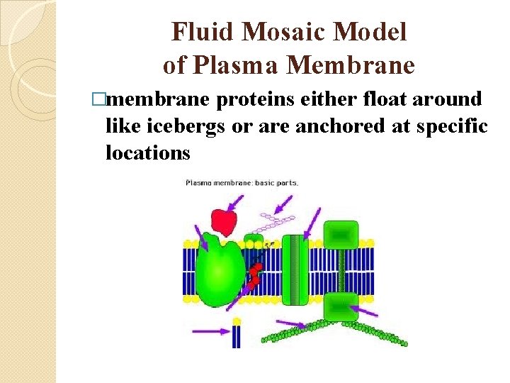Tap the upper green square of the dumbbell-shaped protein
(341, 235)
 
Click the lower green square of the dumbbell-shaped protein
(341, 306)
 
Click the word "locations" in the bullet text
(148, 152)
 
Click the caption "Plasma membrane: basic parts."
(242, 182)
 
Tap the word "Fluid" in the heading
(200, 33)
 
